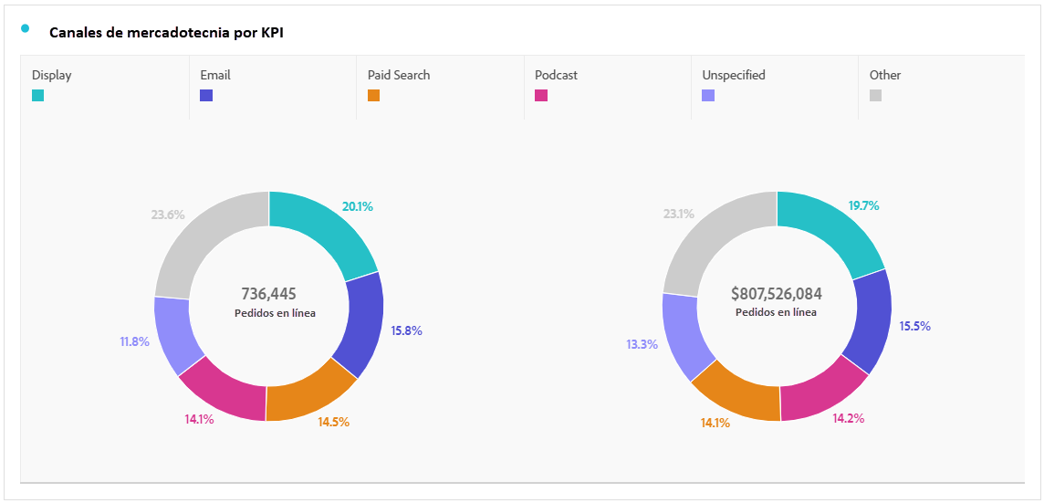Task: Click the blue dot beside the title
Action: (x=25, y=27)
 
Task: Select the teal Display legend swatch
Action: (x=37, y=95)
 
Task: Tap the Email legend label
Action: (x=215, y=75)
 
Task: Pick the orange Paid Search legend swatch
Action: (x=373, y=95)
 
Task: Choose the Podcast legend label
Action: (x=556, y=75)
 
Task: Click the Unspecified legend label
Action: (x=733, y=75)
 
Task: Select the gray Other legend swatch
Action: (x=875, y=95)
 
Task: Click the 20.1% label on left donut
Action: (x=358, y=206)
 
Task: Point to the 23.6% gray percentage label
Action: (x=168, y=215)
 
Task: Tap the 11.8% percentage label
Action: (x=134, y=342)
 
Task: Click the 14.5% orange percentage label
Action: (x=333, y=422)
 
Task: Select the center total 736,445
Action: (x=268, y=294)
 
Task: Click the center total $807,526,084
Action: (x=777, y=294)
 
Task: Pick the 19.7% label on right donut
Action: (x=864, y=205)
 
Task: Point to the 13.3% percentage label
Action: (x=642, y=344)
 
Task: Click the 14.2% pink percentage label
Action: (x=848, y=418)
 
